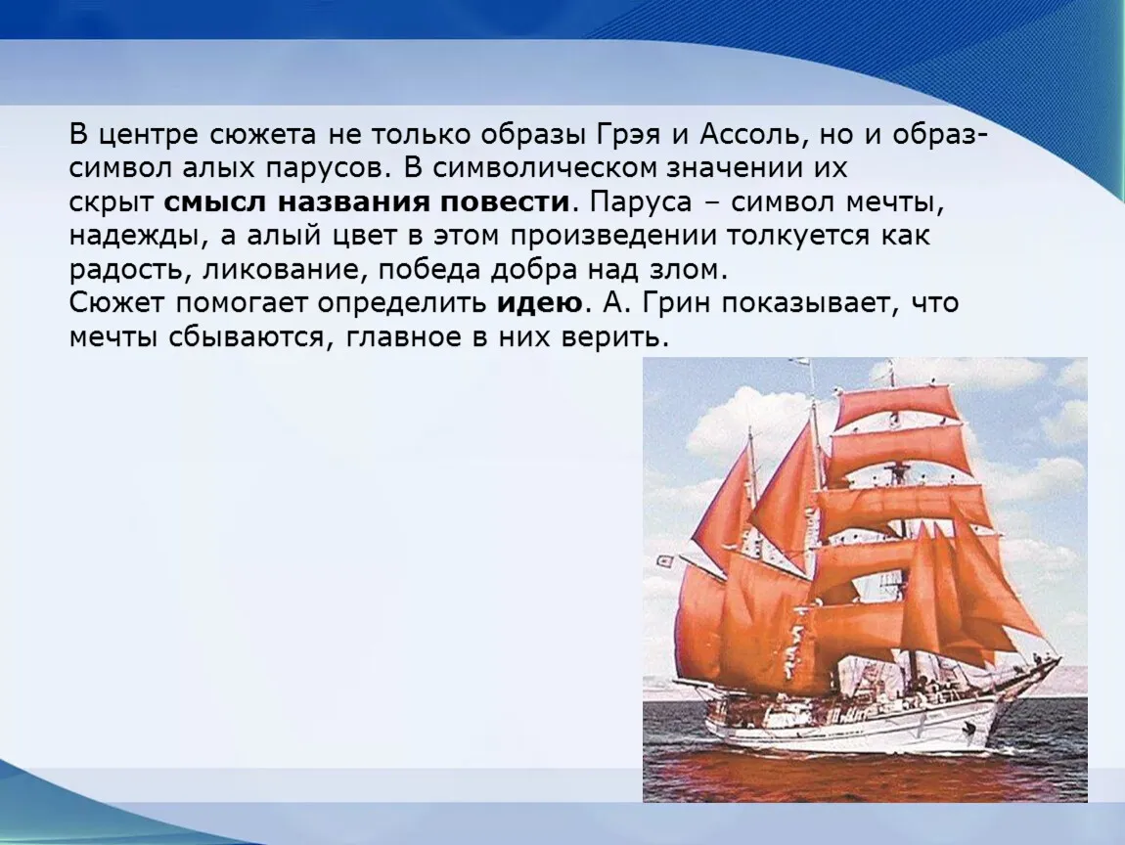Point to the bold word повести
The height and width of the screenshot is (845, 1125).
point(505,202)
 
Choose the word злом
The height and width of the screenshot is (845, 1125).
point(688,271)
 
